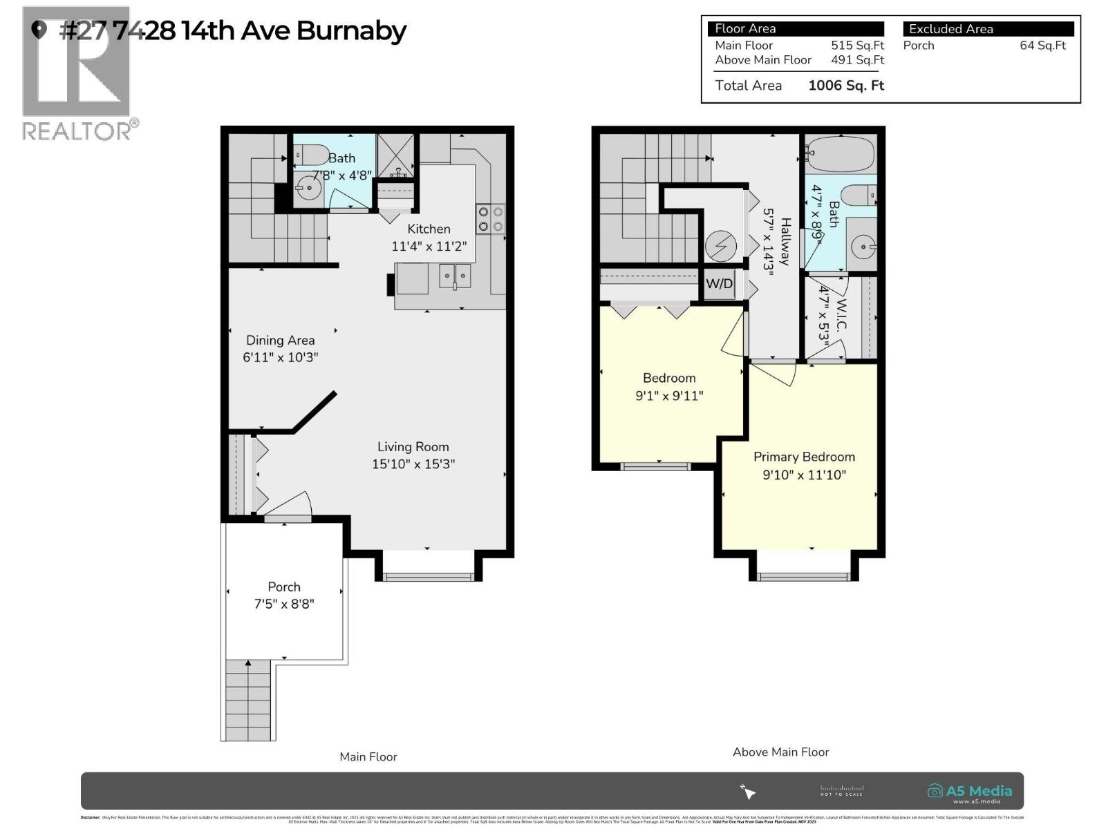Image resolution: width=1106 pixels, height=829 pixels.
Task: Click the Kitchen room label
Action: click(x=429, y=229)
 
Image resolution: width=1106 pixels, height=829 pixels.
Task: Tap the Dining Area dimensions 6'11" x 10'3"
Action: click(x=280, y=357)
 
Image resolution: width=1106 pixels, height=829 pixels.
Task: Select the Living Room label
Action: click(x=413, y=447)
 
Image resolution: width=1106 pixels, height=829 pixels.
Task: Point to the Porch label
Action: click(x=284, y=587)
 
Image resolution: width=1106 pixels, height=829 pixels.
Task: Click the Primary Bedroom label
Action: click(x=804, y=457)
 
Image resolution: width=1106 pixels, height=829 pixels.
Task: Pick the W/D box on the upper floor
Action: click(x=719, y=284)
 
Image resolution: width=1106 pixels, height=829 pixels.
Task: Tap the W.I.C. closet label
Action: click(x=841, y=315)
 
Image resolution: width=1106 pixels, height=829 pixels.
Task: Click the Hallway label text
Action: click(x=785, y=241)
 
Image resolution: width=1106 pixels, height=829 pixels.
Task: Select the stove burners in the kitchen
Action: click(x=490, y=219)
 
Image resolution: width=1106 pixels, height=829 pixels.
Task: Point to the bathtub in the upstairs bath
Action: click(x=839, y=149)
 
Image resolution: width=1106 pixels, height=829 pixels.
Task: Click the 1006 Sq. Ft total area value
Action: click(x=846, y=86)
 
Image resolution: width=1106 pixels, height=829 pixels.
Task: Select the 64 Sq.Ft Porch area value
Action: click(x=1042, y=46)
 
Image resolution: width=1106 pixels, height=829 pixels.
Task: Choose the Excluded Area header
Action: click(x=950, y=29)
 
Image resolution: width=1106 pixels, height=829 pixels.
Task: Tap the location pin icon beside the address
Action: click(x=39, y=29)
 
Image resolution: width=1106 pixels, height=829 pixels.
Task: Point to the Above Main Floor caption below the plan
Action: click(x=780, y=752)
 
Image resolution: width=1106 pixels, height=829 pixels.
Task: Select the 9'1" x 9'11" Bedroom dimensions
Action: click(x=669, y=396)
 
